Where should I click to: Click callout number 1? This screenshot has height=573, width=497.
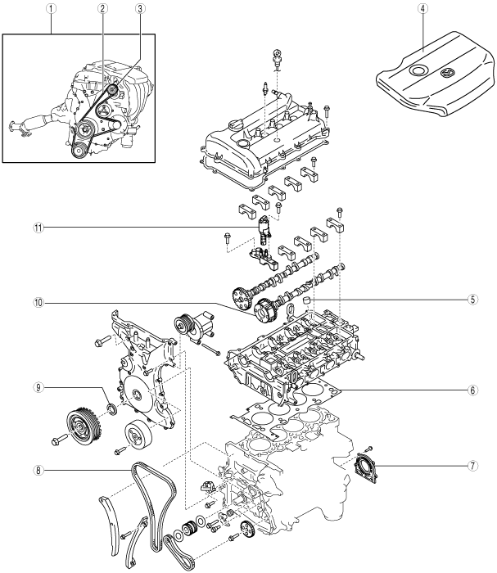pos(51,9)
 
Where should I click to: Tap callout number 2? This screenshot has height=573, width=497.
pos(102,9)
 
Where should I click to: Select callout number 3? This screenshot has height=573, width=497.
pos(140,9)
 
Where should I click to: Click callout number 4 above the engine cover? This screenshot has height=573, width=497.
pos(422,9)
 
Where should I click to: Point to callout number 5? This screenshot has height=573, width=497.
pos(472,300)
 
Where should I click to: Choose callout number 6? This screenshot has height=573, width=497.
pos(472,390)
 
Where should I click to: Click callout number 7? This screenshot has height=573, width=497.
pos(472,466)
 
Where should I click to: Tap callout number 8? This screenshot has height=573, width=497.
pos(38,470)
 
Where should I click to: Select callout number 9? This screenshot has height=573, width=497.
pos(38,387)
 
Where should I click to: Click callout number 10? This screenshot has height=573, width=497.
pos(38,303)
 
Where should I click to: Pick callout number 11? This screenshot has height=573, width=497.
pos(38,228)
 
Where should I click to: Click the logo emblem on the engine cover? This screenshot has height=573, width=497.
pos(447,73)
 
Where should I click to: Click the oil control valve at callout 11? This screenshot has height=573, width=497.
pos(264,230)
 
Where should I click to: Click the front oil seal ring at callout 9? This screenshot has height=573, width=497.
pos(112,408)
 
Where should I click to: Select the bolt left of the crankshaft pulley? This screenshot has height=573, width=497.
pos(60,437)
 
